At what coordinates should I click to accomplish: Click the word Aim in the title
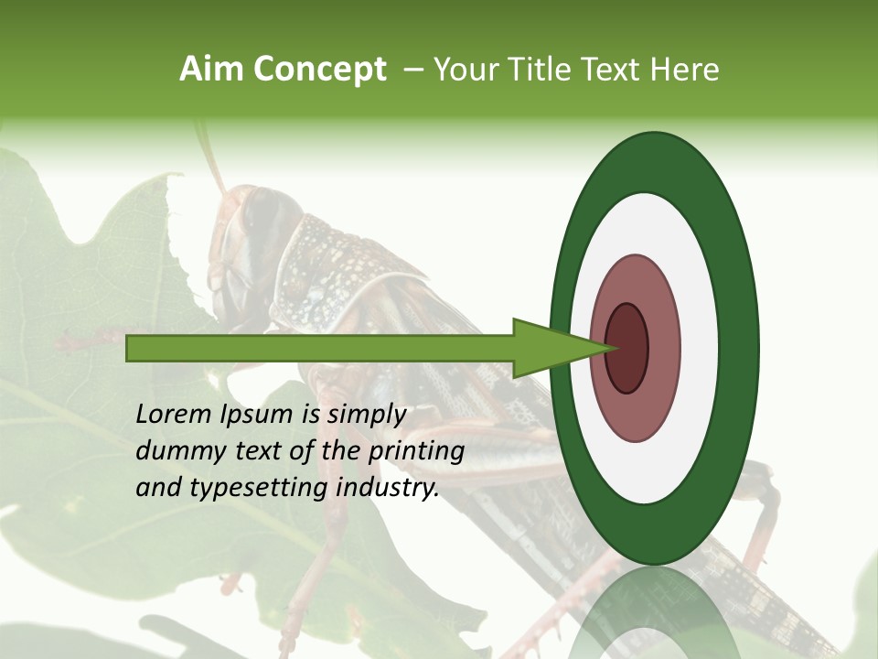211,70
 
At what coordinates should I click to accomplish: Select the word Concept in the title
319,70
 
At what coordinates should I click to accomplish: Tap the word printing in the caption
416,451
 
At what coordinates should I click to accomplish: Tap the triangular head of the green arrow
549,349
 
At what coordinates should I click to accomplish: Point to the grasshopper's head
252,238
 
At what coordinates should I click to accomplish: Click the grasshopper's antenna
212,160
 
